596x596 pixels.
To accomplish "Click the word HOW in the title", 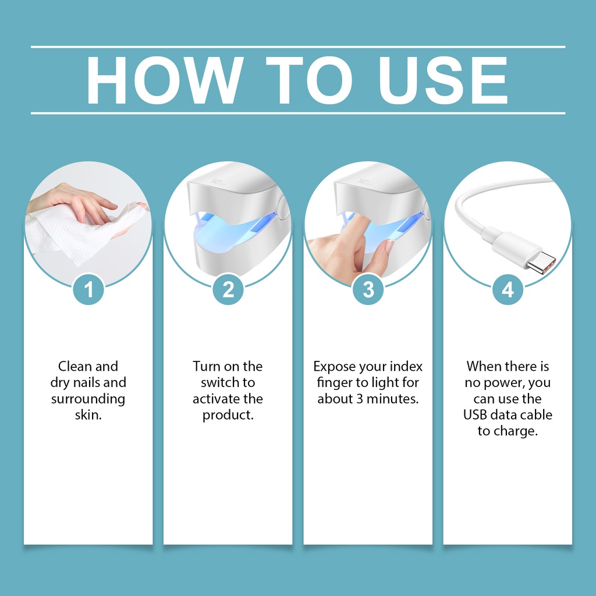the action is coord(165,80).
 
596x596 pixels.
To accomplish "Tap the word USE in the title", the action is coord(443,80).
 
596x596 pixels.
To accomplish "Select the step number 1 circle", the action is coord(88,290).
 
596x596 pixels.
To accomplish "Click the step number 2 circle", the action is coord(228,290).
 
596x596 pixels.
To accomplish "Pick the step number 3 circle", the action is coord(368,290).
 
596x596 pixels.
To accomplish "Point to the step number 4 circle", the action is coord(508,290).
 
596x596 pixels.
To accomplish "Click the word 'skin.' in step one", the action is coord(88,414).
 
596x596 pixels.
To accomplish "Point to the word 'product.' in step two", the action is coord(228,415).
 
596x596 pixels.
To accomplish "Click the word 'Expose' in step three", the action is coord(334,367).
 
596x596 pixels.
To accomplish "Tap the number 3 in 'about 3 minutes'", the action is coord(360,399).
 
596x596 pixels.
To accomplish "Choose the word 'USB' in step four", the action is coord(475,414).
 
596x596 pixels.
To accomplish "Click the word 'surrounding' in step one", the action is coord(88,399).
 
